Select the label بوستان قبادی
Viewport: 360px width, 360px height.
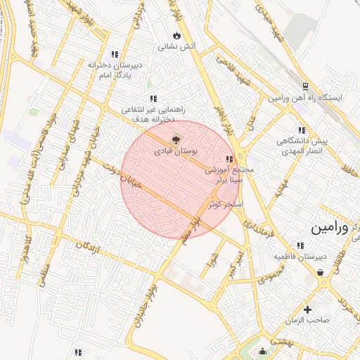pos(176,151)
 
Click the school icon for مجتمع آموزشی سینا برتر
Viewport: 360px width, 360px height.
pos(229,159)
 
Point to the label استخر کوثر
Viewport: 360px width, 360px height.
pos(226,203)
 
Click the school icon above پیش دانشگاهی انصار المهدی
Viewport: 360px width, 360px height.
pos(302,130)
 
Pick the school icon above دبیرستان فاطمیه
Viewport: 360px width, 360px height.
pos(300,245)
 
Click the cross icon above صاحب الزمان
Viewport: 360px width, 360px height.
pos(308,309)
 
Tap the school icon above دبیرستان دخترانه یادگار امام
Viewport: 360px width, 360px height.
pos(115,54)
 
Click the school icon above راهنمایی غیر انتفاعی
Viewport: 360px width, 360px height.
pos(153,99)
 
